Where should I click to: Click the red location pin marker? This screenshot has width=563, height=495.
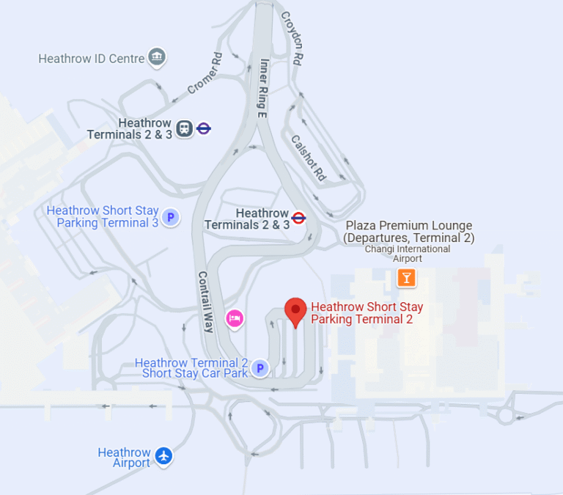295,311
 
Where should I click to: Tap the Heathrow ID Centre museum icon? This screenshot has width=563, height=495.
156,57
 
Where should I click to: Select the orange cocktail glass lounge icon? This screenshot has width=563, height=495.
406,277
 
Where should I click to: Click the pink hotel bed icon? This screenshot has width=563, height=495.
235,318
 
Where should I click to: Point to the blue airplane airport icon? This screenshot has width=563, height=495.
163,456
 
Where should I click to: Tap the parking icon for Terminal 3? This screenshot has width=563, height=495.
171,217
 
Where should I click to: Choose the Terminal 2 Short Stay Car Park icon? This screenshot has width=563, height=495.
260,368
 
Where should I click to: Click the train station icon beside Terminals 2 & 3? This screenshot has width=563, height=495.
184,129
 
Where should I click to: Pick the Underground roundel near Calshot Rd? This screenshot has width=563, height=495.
298,218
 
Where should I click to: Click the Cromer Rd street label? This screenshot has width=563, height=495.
205,73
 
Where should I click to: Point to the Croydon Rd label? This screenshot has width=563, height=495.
292,36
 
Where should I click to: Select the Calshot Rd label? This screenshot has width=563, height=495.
308,157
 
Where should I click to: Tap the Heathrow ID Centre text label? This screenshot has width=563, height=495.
92,58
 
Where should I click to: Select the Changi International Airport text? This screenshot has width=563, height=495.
408,254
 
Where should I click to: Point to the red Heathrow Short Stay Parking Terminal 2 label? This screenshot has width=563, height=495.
367,313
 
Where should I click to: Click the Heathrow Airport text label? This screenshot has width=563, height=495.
124,458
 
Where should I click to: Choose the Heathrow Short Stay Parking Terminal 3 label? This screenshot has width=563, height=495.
103,216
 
